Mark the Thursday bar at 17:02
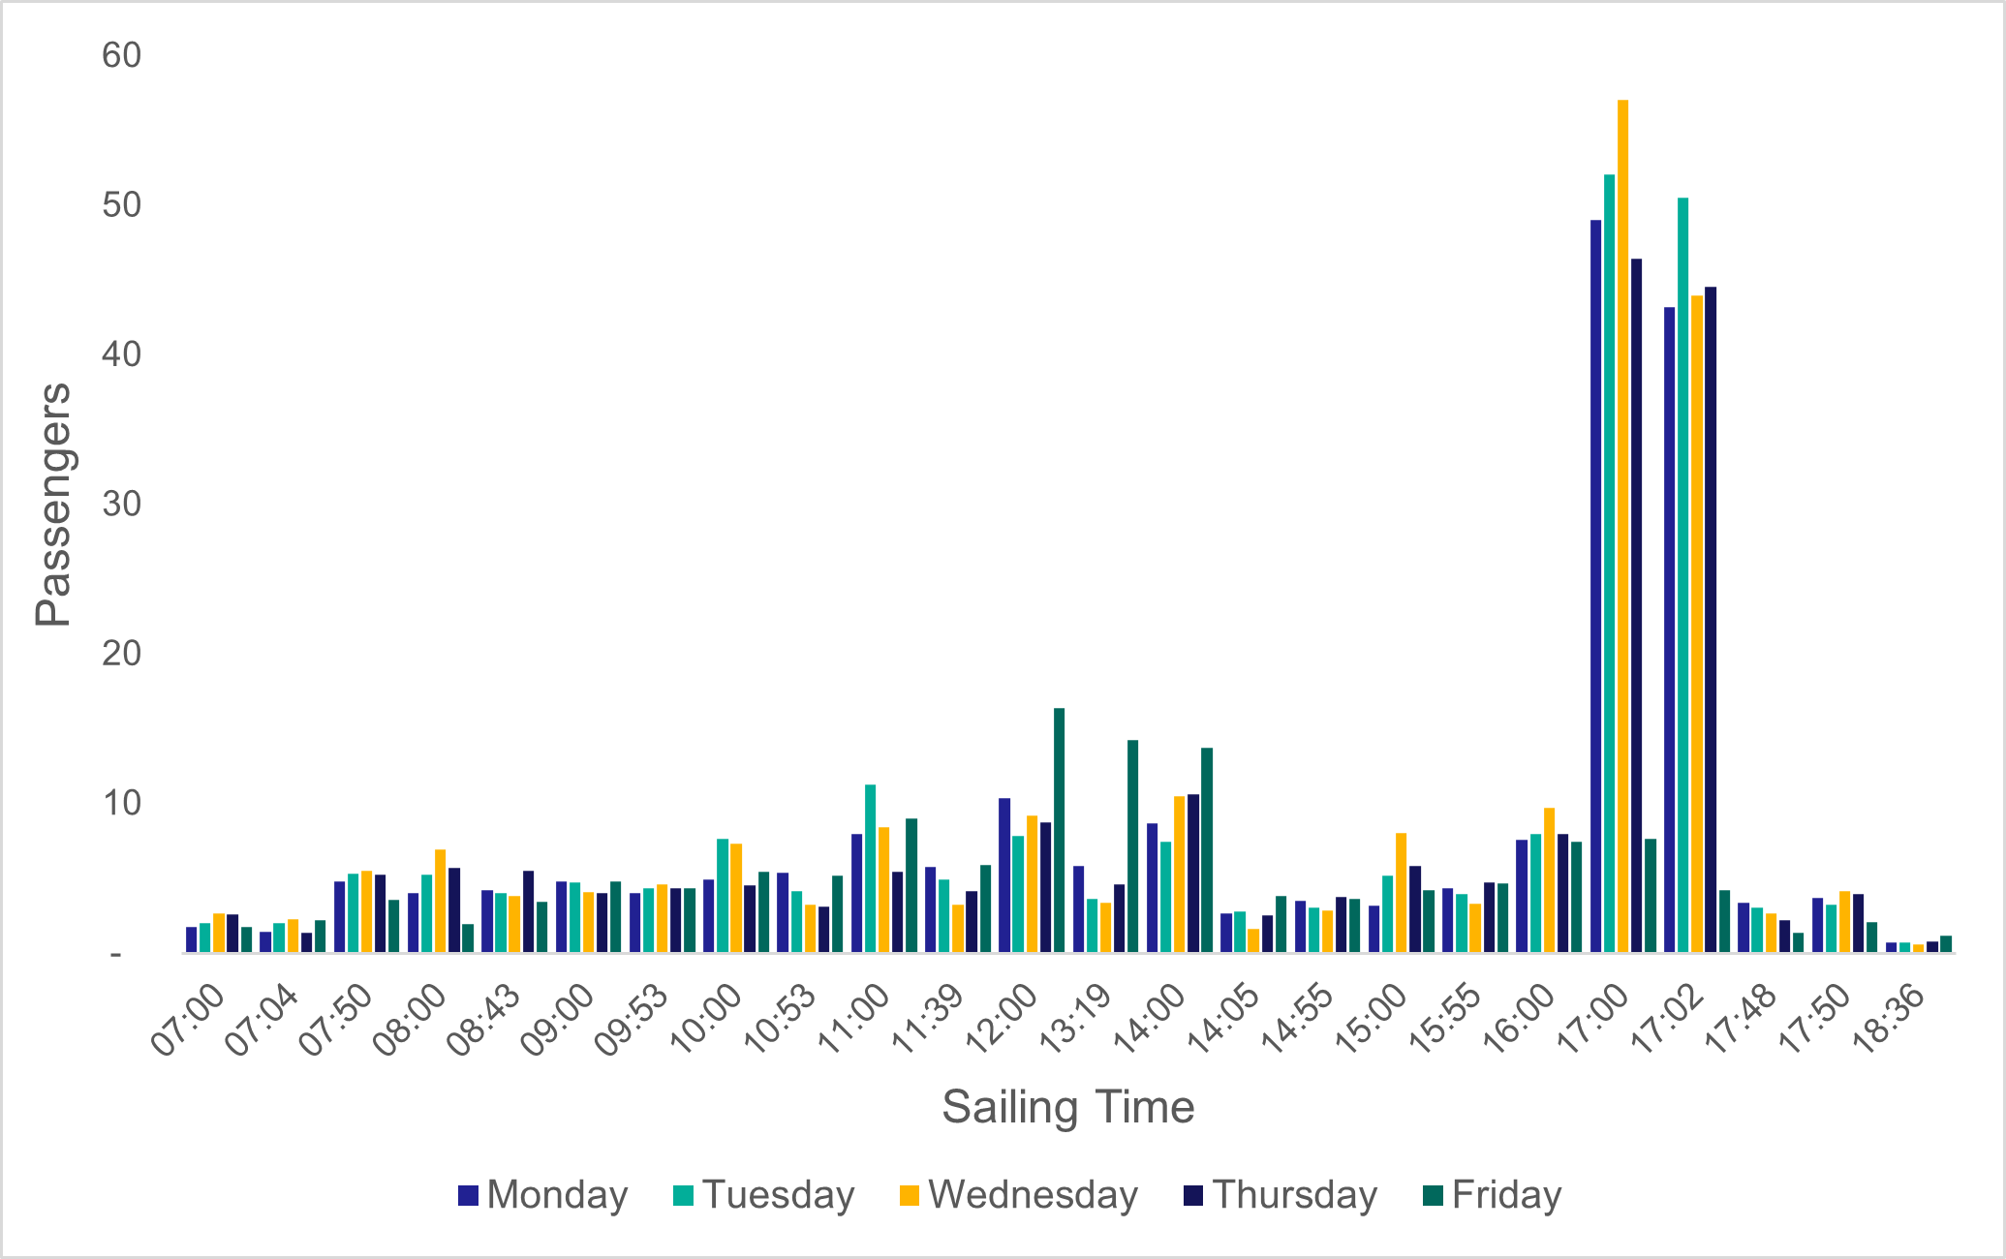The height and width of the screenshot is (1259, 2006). click(x=1711, y=620)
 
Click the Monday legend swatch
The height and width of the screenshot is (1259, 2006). click(x=469, y=1195)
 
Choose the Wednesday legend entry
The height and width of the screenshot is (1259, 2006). click(x=1033, y=1195)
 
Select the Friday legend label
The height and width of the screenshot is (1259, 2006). click(x=1507, y=1195)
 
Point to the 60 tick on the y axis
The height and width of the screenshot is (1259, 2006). click(x=122, y=55)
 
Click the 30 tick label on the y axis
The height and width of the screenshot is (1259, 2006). click(x=122, y=504)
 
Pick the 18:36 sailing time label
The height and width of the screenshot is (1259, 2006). click(x=1893, y=1021)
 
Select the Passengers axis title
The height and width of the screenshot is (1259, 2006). click(x=53, y=504)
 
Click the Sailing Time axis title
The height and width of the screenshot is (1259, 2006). click(x=1067, y=1107)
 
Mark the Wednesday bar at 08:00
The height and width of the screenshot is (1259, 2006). click(x=441, y=901)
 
